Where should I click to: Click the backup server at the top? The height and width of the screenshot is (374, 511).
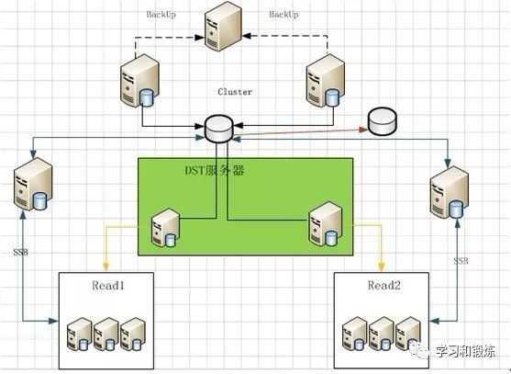coord(223,26)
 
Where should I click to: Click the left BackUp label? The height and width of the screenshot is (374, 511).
coord(161,15)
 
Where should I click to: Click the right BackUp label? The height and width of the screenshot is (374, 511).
coord(283,15)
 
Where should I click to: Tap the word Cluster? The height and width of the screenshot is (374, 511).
coord(235,92)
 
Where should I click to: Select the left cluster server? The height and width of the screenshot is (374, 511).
coord(139,81)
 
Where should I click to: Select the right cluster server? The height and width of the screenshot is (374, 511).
coord(326,81)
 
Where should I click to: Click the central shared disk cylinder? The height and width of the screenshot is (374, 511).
coord(219,129)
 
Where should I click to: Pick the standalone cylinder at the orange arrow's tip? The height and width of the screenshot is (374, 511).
coord(383,121)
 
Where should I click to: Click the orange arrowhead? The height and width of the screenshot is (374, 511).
coord(363,130)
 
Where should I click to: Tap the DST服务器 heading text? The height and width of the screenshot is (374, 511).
coord(215,170)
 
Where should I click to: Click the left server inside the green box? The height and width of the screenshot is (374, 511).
coord(166,228)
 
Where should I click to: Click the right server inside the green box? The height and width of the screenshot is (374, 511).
coord(326,224)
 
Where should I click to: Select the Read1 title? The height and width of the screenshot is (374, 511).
coord(108,286)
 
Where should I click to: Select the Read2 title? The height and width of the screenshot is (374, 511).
coord(384,286)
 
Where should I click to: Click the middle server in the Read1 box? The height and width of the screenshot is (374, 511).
coord(106,334)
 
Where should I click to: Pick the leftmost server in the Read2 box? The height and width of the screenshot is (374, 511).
coord(355,334)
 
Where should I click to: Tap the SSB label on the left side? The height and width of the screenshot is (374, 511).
coord(20,253)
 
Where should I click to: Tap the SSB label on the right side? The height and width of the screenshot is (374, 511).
coord(461,261)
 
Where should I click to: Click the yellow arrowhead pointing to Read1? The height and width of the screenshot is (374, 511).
coord(106,267)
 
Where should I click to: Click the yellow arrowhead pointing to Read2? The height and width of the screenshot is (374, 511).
coord(381,267)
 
